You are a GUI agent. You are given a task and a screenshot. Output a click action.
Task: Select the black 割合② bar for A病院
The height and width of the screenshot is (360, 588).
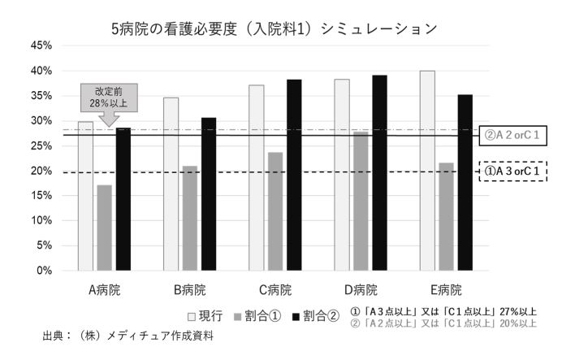coord(123,199)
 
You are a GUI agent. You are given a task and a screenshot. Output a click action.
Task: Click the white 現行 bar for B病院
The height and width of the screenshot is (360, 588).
coord(171,184)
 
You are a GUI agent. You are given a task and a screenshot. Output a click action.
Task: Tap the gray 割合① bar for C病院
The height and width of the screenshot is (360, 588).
coord(275,211)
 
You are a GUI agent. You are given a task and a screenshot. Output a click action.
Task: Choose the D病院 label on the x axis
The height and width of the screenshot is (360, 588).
coord(361,290)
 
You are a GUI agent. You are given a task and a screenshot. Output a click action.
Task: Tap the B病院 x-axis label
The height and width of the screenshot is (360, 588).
coord(189,290)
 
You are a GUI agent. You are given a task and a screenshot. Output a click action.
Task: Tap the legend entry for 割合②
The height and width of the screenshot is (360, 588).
coord(312,314)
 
